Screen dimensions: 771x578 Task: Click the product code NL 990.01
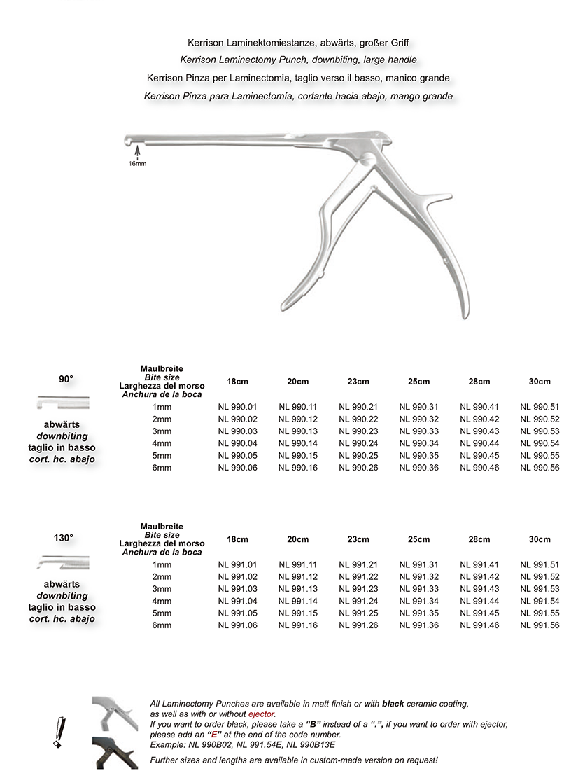tap(237, 407)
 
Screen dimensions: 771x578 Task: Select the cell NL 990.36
tap(418, 467)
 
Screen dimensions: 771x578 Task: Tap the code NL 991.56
tap(540, 625)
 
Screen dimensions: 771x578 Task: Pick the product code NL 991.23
tap(358, 589)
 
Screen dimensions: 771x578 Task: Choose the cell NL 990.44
tap(479, 443)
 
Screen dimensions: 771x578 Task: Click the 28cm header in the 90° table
tap(479, 382)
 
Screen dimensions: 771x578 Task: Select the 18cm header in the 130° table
tap(237, 539)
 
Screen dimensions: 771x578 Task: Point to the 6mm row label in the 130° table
tap(162, 625)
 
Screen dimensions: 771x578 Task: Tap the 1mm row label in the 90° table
tap(162, 407)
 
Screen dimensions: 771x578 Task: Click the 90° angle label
tap(66, 379)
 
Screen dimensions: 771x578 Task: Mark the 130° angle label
tap(64, 538)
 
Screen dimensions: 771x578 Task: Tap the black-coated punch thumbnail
tap(115, 753)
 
